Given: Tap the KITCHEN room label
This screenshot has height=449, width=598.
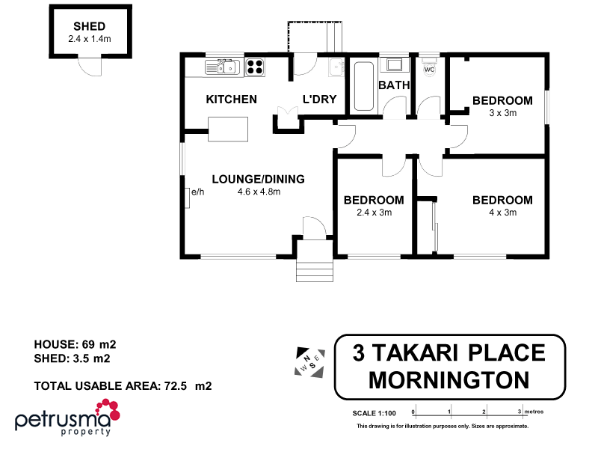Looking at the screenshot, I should click(x=232, y=100).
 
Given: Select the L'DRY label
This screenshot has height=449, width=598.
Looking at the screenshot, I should click(x=319, y=100).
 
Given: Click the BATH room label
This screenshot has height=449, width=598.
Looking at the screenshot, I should click(x=394, y=85).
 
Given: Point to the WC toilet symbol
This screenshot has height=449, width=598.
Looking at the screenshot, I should click(x=429, y=67).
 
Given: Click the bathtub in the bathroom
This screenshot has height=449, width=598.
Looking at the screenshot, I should click(x=364, y=88).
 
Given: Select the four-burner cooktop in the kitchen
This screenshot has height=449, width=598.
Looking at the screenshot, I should click(x=255, y=67).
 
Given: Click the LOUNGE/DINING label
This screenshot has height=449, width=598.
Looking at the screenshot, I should click(x=258, y=179).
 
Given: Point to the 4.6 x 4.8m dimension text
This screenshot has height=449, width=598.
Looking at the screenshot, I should click(x=258, y=192).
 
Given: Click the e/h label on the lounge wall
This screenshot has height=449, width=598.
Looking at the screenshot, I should click(x=198, y=192).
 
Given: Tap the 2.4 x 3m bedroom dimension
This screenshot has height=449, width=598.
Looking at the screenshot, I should click(x=374, y=213).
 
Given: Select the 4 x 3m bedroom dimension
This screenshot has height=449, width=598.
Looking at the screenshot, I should click(x=502, y=213).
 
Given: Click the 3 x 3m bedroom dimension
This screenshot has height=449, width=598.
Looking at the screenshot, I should click(x=502, y=113).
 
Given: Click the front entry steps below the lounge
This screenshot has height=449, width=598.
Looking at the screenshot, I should click(x=313, y=264).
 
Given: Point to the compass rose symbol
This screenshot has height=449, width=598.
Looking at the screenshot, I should click(x=309, y=363).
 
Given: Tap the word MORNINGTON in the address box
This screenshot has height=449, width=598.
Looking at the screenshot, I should click(x=449, y=380).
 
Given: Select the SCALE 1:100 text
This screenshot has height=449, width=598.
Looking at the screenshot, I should click(x=374, y=413).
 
